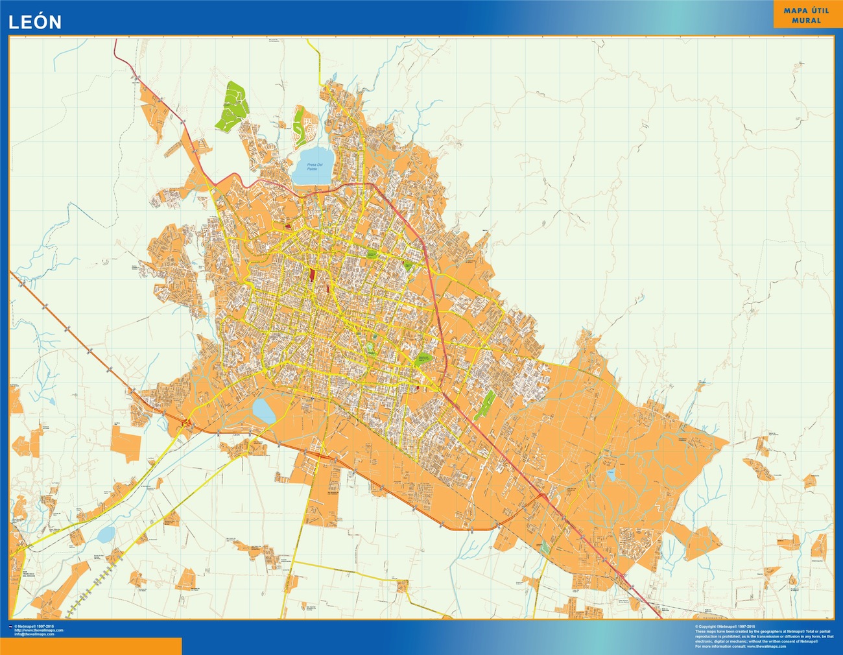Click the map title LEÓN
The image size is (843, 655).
tap(34, 22)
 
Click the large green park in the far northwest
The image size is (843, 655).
tap(233, 105)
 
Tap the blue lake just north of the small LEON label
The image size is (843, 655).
tap(263, 410)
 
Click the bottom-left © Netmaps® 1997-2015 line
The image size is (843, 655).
tap(36, 626)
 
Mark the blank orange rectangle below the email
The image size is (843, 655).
tap(91, 646)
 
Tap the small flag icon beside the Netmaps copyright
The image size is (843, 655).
tap(11, 626)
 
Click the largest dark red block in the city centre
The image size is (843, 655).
tap(313, 275)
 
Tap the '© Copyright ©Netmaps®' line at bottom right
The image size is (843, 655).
tap(726, 626)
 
